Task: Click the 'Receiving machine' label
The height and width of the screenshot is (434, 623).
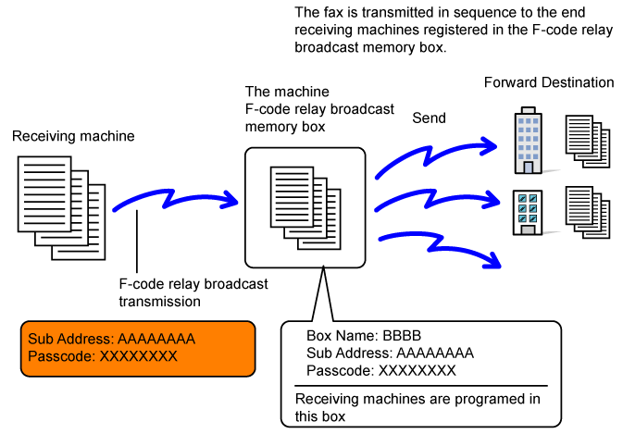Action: pyautogui.click(x=73, y=136)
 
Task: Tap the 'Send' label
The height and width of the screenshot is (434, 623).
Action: pyautogui.click(x=429, y=118)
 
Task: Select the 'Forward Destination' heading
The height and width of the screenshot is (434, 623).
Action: pyautogui.click(x=549, y=82)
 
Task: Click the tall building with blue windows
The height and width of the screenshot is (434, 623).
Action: pyautogui.click(x=528, y=140)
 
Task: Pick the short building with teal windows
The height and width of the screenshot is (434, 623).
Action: pyautogui.click(x=528, y=213)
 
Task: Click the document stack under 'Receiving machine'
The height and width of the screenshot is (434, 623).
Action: pyautogui.click(x=62, y=208)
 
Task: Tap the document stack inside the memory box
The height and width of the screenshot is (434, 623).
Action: pyautogui.click(x=305, y=208)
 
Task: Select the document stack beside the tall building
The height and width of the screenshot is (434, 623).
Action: pyautogui.click(x=588, y=142)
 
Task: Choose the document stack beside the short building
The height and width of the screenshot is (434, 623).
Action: pyautogui.click(x=588, y=213)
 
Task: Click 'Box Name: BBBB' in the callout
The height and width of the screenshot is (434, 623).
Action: pyautogui.click(x=364, y=336)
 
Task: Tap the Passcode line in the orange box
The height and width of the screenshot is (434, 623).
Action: pyautogui.click(x=103, y=356)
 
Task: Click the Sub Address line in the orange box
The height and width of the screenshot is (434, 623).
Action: pyautogui.click(x=112, y=339)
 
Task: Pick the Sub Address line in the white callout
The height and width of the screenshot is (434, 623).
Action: pyautogui.click(x=390, y=353)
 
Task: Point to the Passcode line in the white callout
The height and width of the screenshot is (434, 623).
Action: pyautogui.click(x=381, y=371)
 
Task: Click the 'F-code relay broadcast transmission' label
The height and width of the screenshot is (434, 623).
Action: pyautogui.click(x=193, y=292)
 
